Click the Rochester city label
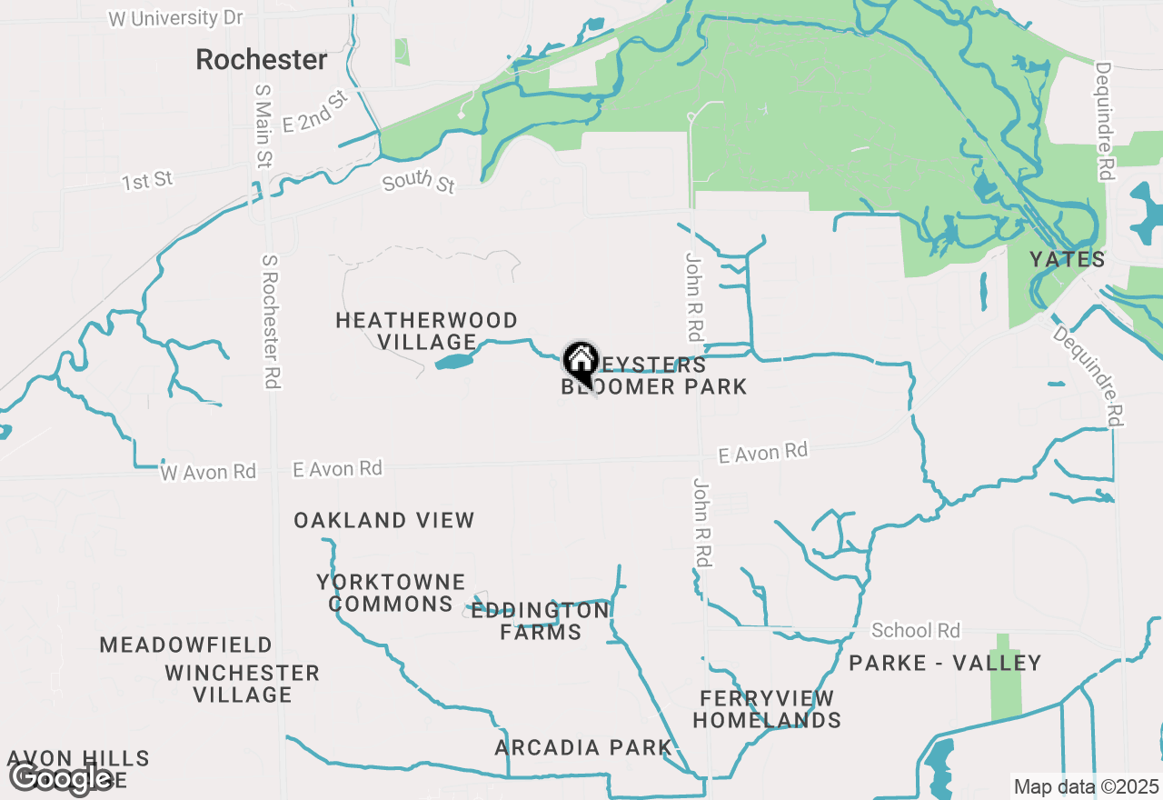point(262,60)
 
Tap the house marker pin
point(581,362)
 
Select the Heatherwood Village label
point(426,331)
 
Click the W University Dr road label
point(175,18)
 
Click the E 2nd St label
point(315,113)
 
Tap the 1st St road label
point(147,181)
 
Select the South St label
point(419,182)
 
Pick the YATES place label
point(1067,260)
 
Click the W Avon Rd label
point(208,472)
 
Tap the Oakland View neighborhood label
point(383,521)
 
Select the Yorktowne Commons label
point(391,593)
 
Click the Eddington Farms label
point(540,621)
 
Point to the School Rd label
point(915,630)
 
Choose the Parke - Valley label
point(945,664)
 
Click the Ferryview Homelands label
point(767,709)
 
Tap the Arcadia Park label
point(583,748)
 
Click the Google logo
point(62,778)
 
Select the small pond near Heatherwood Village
point(454,362)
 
